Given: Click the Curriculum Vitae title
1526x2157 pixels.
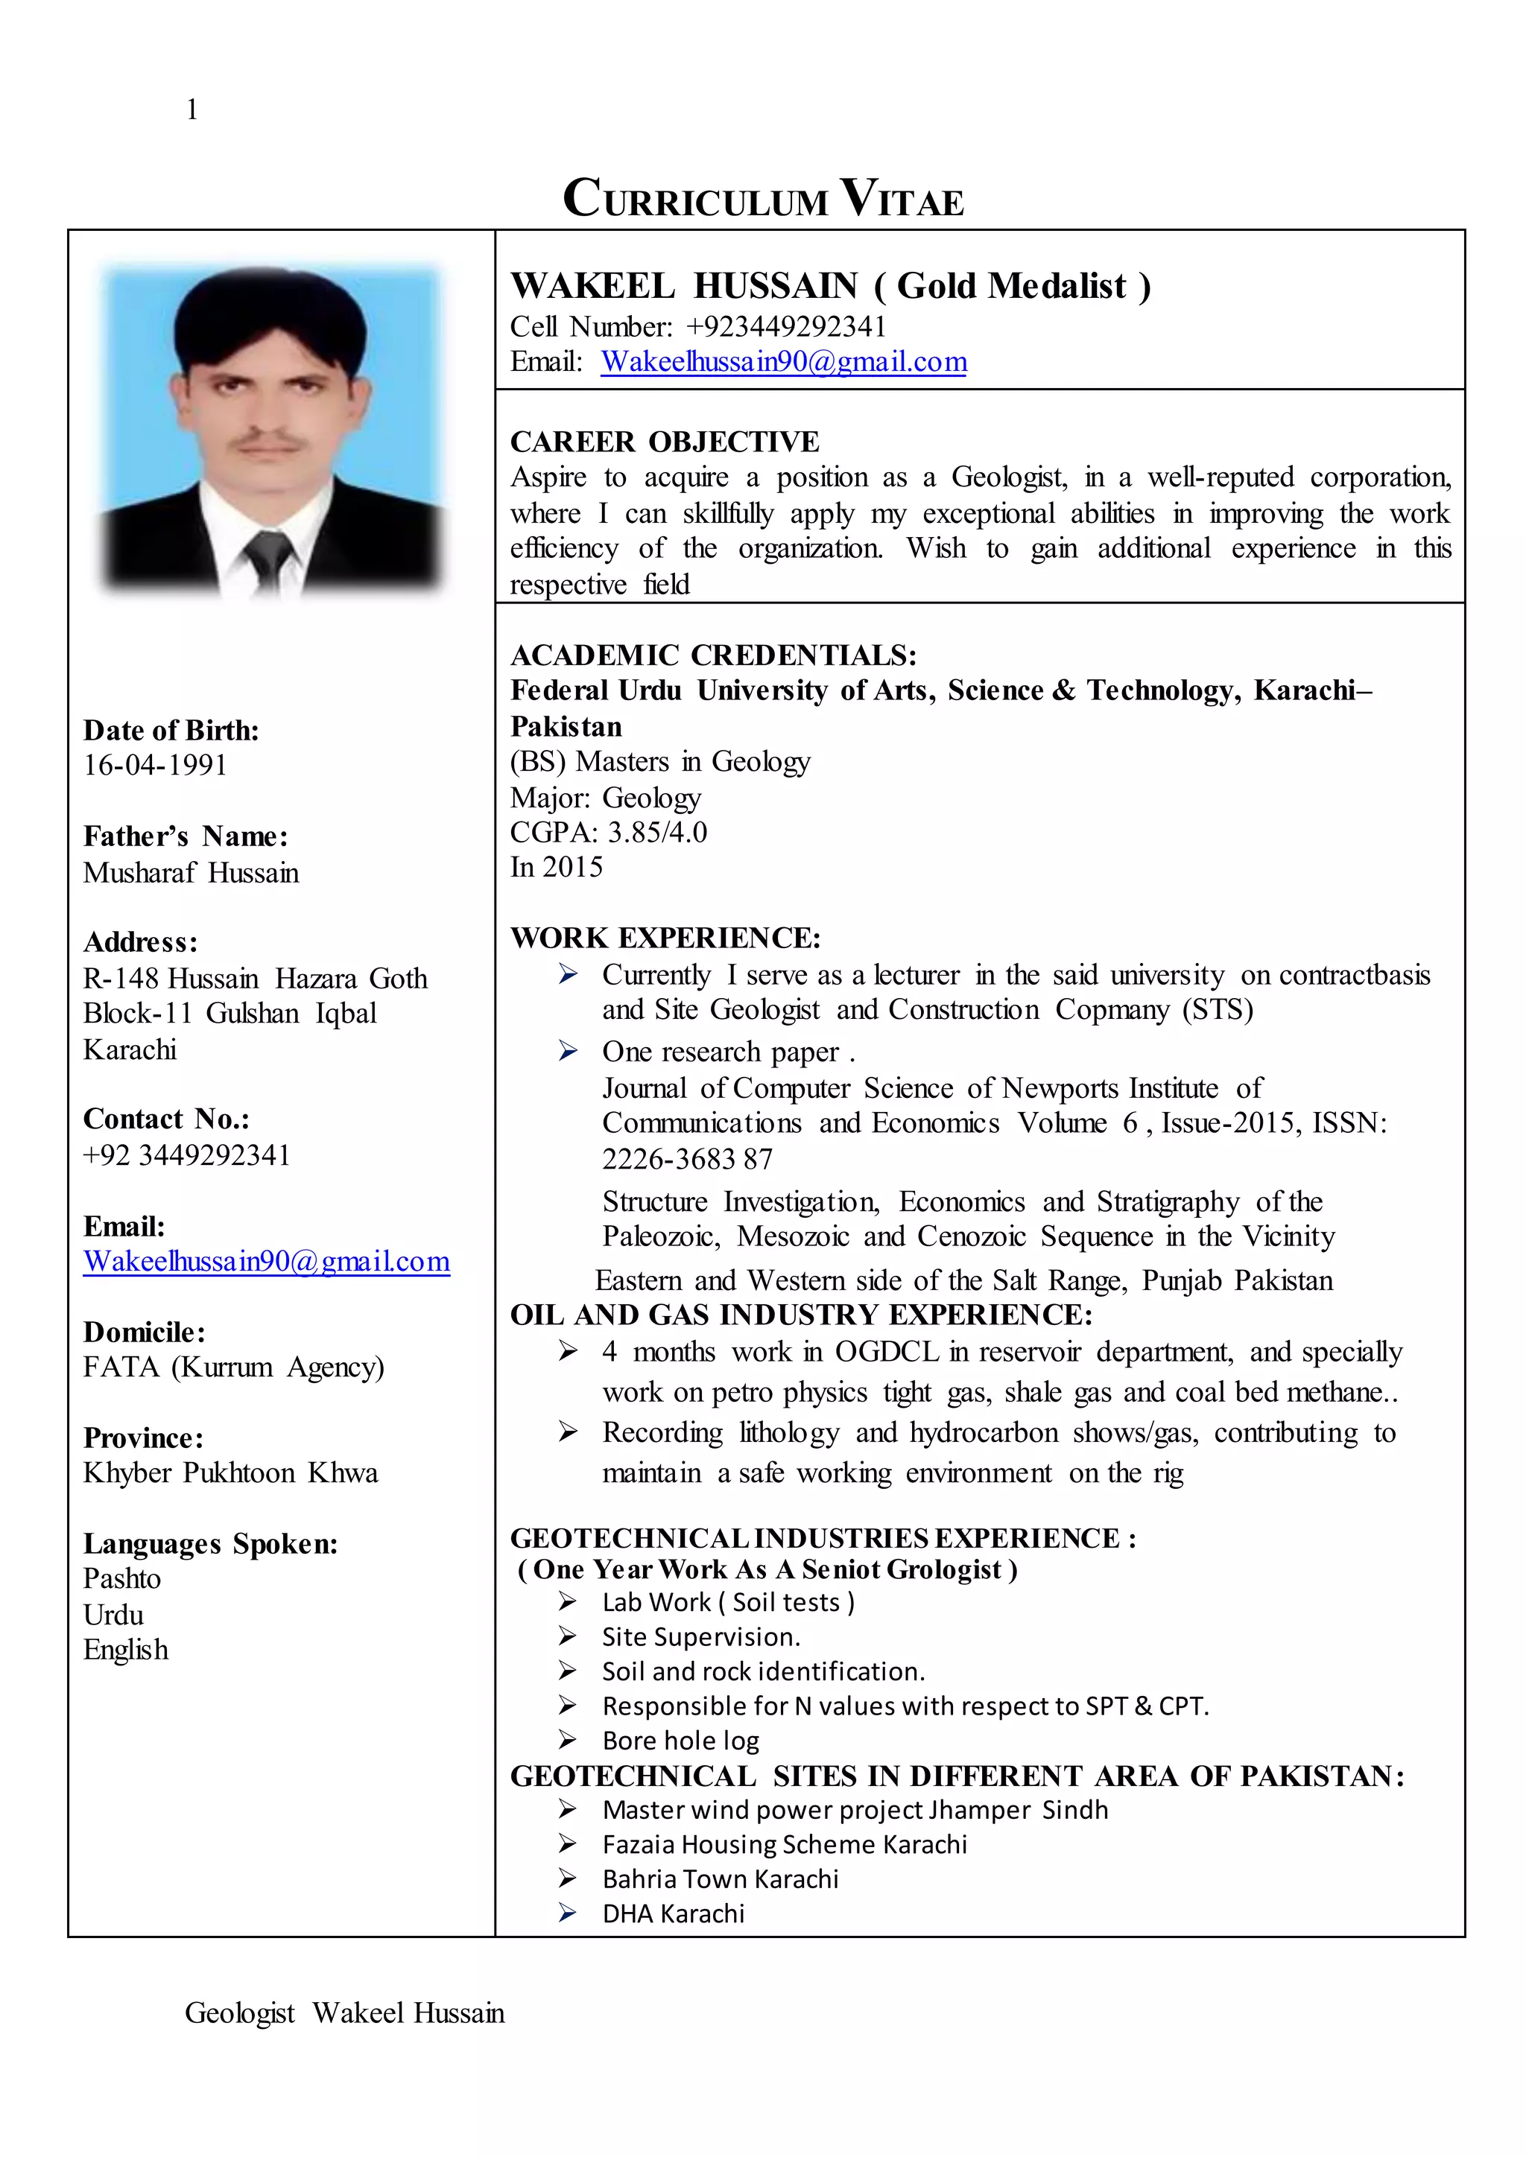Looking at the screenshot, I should (x=763, y=198).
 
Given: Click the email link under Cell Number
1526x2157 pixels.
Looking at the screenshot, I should (x=784, y=362).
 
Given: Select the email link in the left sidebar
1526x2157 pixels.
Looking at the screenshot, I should (x=266, y=1261).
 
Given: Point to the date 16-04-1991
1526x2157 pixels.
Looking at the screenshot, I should (x=155, y=765).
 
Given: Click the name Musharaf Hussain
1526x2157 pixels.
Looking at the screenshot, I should (x=191, y=873).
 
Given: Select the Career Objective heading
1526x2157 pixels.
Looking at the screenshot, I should (x=665, y=442).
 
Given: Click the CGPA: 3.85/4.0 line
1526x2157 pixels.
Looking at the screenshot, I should (x=608, y=833).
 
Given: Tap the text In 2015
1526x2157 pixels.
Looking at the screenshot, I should (x=557, y=867).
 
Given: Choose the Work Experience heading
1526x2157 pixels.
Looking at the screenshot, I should (x=665, y=938).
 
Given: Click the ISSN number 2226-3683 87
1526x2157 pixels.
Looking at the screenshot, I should (x=687, y=1159).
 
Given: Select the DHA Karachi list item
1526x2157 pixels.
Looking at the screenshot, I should (x=673, y=1913).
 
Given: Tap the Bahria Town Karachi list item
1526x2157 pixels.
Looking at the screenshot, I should (x=720, y=1879).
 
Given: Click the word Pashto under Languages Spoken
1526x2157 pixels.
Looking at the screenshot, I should (x=121, y=1578).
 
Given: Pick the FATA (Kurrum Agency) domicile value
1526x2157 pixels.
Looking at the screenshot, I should (x=233, y=1367).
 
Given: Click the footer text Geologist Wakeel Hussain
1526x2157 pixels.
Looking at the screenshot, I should (x=344, y=2013).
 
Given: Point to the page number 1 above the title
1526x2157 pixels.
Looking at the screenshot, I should (x=191, y=110).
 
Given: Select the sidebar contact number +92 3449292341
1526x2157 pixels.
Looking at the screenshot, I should (x=187, y=1154).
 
